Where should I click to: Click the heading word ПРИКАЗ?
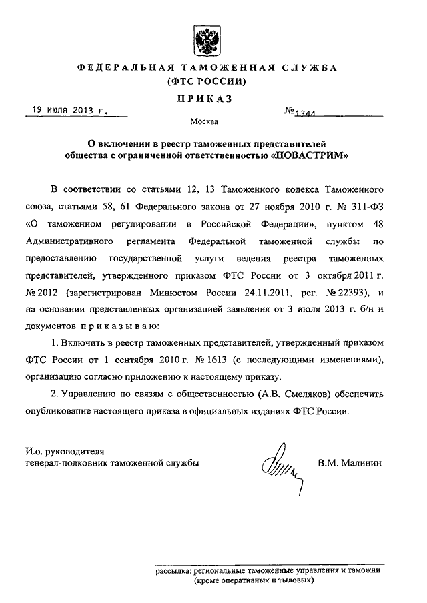coord(206,98)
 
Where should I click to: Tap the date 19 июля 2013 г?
coord(65,111)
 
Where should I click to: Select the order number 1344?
coord(304,114)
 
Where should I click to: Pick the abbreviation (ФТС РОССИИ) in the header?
coord(207,82)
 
